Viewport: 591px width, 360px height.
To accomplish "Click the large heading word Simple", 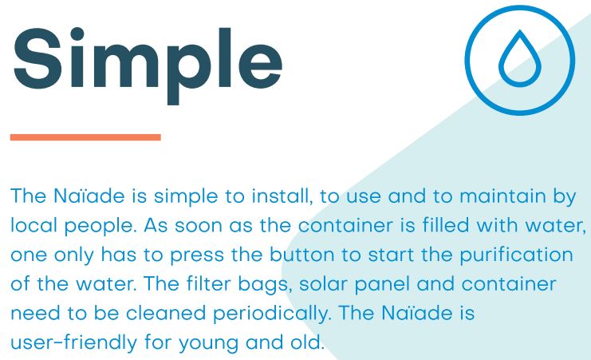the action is [148, 65].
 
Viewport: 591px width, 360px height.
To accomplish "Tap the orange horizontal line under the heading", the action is [85, 137].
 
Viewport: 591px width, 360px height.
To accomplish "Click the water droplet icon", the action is [520, 58].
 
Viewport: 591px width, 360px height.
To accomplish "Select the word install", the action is [282, 196].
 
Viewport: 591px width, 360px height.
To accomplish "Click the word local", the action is [34, 226].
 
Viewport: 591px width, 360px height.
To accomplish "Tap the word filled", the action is [446, 225].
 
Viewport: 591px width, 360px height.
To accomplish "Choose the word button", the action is [302, 255].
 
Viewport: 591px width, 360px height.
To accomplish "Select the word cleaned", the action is [166, 313].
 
